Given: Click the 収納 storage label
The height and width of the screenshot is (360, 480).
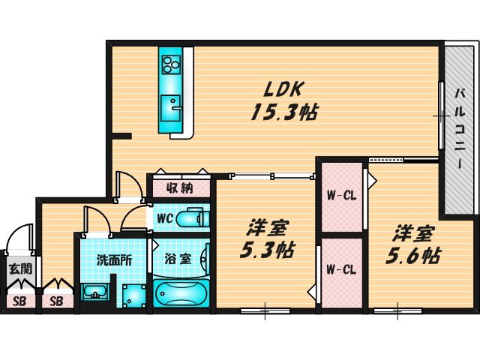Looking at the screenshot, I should tap(180, 187).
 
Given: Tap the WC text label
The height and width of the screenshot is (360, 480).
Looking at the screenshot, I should tap(165, 218).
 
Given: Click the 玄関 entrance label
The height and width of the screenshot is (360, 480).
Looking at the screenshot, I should tap(18, 268).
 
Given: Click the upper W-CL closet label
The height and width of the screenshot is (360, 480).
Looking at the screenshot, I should tap(340, 197).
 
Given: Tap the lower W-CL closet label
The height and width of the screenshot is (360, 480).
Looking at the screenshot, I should tap(340, 269).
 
